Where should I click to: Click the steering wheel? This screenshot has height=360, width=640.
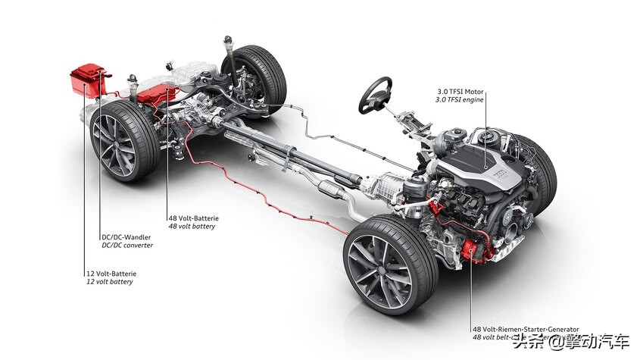point(374,95)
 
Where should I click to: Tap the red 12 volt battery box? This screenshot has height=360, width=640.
point(89,80)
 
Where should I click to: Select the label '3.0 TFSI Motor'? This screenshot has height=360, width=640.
point(459,92)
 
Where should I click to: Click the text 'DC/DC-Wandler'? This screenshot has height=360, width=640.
point(126,236)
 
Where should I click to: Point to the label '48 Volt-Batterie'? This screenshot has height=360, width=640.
point(193,218)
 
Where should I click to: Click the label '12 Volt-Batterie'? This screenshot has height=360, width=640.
point(111,273)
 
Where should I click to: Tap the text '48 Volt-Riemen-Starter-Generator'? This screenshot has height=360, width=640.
point(526,330)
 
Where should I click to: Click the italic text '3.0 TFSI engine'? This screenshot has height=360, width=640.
point(460,100)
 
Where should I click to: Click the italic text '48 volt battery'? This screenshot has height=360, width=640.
point(192,227)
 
